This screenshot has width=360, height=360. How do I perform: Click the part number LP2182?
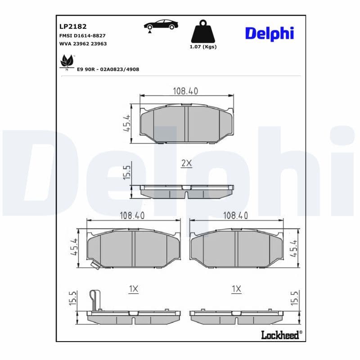pos(69,27)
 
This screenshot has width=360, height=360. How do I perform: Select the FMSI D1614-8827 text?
pos(82,35)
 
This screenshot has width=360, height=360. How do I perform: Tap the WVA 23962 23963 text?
pos(83,44)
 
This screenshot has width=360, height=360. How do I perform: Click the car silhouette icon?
pos(161,25)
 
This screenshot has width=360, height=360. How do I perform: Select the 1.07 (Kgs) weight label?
pos(203,47)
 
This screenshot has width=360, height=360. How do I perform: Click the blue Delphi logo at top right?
pos(269,33)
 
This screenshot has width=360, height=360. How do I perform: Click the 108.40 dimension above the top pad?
pos(185,91)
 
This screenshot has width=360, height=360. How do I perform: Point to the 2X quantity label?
pos(186,164)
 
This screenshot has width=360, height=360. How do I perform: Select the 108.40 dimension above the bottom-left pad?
pos(132,216)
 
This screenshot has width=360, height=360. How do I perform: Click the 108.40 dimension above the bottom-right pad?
pos(235,216)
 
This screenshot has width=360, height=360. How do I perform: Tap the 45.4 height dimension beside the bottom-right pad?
pos(294,248)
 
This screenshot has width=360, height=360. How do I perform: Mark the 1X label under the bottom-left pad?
pos(133,289)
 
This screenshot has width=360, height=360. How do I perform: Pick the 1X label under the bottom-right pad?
pos(236,289)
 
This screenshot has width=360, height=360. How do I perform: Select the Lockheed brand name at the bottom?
pos(281,334)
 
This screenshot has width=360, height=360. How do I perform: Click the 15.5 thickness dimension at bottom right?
pos(294,298)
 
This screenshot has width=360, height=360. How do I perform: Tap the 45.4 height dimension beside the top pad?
pos(126,123)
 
